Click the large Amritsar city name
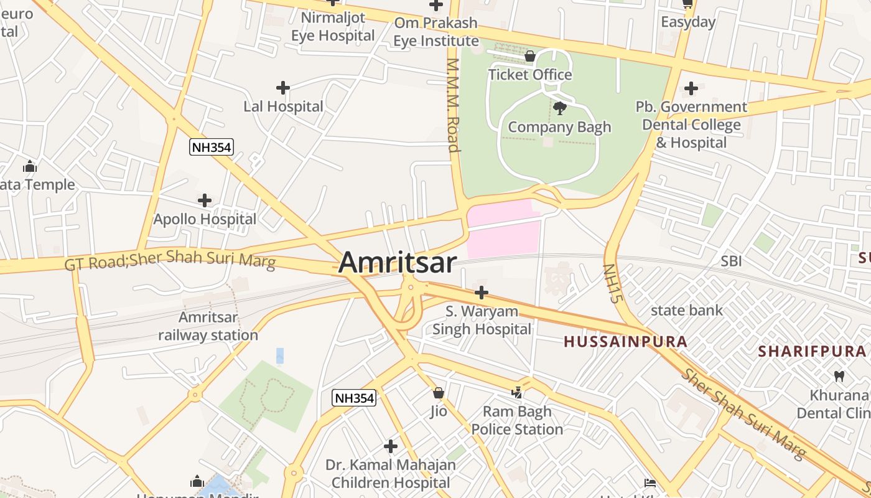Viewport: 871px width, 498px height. [398, 262]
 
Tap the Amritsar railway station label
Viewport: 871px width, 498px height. [208, 326]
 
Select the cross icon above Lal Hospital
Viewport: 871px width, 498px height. [283, 88]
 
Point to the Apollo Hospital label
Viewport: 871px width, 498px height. [205, 219]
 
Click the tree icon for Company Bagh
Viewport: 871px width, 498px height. [560, 108]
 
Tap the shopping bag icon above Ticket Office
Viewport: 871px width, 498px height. [530, 57]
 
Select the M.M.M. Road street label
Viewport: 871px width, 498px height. [453, 105]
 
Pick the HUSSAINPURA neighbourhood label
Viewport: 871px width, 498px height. [625, 341]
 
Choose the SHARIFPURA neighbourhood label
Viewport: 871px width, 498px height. [811, 351]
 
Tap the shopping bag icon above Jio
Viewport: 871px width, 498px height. [439, 393]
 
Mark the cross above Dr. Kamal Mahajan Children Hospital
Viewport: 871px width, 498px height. [391, 446]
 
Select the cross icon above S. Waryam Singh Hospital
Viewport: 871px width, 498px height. [482, 292]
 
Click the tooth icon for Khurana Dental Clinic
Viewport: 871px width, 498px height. [839, 376]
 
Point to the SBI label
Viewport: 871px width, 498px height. [731, 261]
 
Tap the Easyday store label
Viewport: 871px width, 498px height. [688, 22]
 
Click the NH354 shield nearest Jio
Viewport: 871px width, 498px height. [354, 398]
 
